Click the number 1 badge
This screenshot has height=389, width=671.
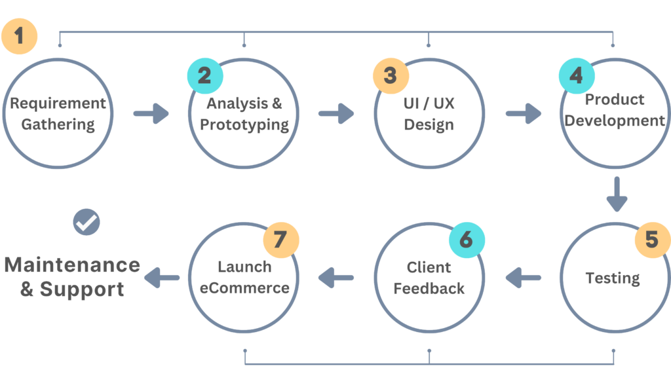[x=20, y=35]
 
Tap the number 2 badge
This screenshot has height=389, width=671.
[x=205, y=76]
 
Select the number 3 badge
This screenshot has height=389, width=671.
[x=391, y=76]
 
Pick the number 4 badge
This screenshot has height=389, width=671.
[x=576, y=76]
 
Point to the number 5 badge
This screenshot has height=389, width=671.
[x=651, y=240]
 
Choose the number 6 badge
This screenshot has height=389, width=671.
[x=466, y=240]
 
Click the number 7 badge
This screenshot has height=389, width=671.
[x=280, y=240]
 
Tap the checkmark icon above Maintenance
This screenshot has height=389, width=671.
[x=86, y=222]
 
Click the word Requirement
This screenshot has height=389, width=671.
[x=58, y=103]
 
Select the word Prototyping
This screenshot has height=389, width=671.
[x=244, y=124]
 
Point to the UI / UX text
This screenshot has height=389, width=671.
[x=429, y=103]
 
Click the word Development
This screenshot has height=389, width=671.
[x=615, y=121]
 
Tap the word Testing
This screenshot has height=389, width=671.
[x=613, y=278]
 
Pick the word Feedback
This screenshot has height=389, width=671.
[x=429, y=288]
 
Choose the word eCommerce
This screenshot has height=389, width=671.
[x=244, y=288]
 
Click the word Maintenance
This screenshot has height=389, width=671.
[x=72, y=265]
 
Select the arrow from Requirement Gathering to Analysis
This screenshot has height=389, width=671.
[x=151, y=114]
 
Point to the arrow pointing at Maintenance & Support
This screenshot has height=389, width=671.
[x=162, y=278]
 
